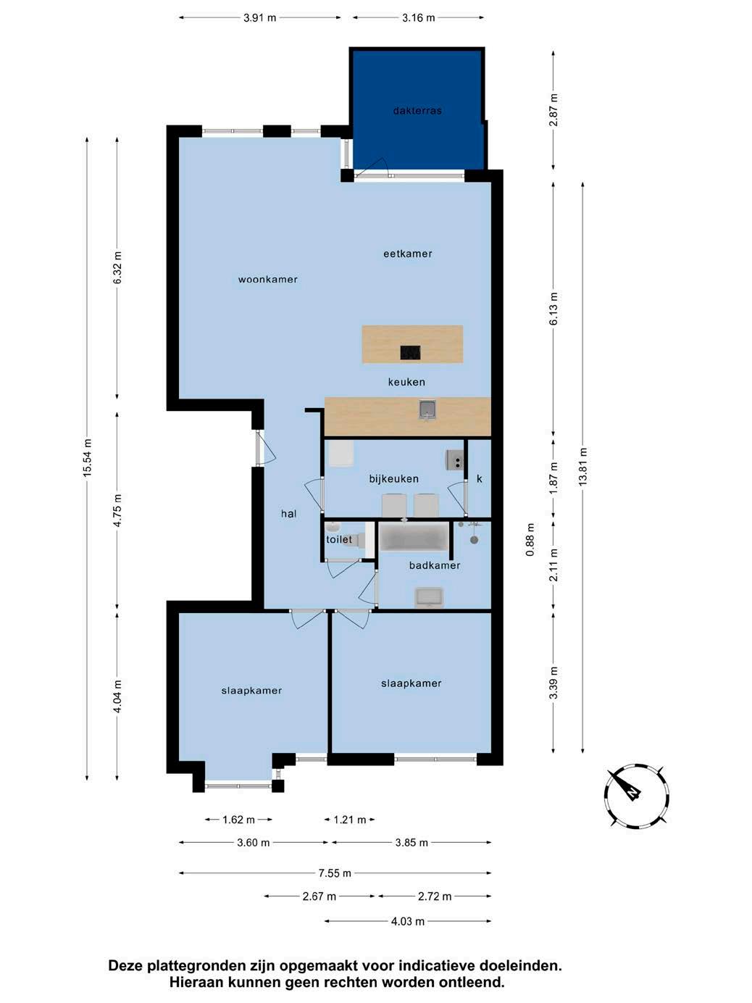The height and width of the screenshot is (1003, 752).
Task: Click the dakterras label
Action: click(417, 111)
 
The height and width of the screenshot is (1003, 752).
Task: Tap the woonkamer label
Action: click(267, 279)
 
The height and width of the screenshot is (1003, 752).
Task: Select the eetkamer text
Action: click(407, 254)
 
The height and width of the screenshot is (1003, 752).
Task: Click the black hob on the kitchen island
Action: click(410, 352)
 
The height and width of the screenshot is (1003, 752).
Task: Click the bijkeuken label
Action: click(393, 479)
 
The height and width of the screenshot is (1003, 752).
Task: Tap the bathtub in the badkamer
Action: click(414, 537)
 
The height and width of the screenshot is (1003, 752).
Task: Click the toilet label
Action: click(339, 539)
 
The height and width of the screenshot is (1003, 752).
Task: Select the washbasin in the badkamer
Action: click(429, 597)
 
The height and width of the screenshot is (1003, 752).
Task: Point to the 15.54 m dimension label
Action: click(88, 458)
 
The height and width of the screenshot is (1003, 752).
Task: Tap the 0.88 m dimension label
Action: click(530, 540)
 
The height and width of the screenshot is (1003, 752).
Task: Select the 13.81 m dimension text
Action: click(583, 467)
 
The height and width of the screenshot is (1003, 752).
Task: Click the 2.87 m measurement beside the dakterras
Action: click(553, 110)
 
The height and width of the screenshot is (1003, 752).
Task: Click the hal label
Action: click(288, 514)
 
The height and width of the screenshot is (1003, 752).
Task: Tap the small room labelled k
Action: click(480, 479)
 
